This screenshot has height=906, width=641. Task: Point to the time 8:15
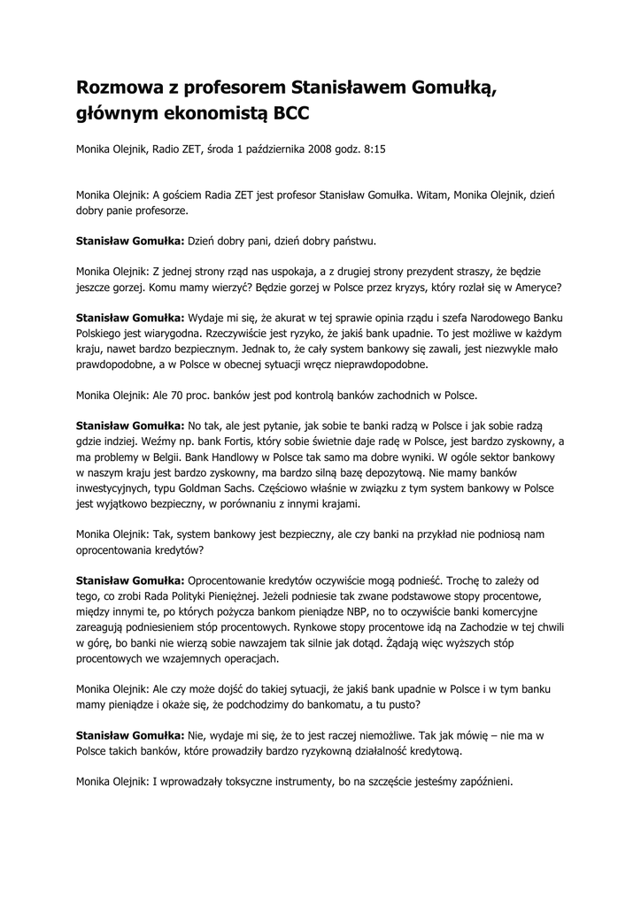[375, 151]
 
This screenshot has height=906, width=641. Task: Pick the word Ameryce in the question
[532, 288]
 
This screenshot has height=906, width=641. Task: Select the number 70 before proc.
[187, 395]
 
